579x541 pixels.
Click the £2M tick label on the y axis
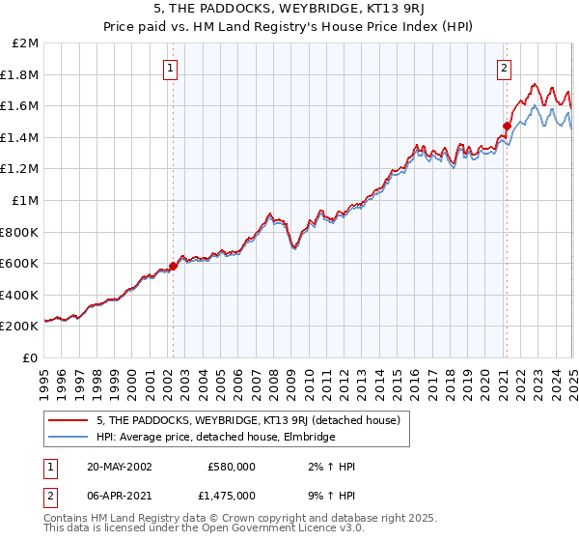pyautogui.click(x=26, y=43)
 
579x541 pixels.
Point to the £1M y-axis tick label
pyautogui.click(x=26, y=200)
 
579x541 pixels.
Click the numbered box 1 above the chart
pyautogui.click(x=170, y=68)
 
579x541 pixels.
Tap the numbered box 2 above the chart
pyautogui.click(x=505, y=68)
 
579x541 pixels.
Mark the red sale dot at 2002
pyautogui.click(x=174, y=266)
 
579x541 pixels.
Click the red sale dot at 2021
pyautogui.click(x=507, y=125)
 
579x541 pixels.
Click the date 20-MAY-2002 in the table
pyautogui.click(x=119, y=466)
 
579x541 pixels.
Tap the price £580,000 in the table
pyautogui.click(x=232, y=466)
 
